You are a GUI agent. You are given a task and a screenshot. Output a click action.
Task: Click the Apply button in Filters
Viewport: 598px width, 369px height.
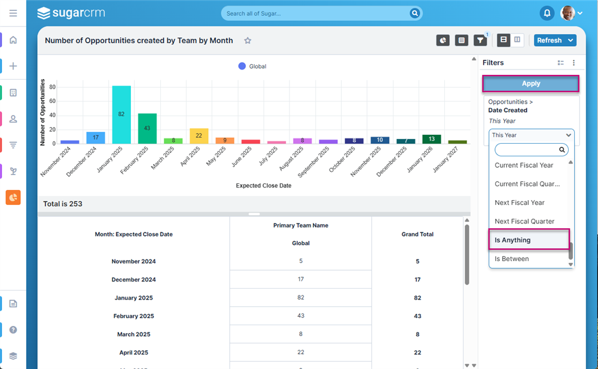click(530, 84)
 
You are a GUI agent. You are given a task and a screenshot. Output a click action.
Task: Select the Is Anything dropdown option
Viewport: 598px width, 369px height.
click(529, 240)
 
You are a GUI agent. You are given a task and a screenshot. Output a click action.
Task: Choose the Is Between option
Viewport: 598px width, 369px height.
click(512, 259)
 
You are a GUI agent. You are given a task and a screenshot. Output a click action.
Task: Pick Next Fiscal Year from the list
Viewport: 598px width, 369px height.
click(520, 202)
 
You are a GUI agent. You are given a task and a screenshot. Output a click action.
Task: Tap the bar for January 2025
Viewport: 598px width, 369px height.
click(121, 114)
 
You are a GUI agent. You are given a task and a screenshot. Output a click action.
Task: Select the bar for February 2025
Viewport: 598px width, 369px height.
click(147, 128)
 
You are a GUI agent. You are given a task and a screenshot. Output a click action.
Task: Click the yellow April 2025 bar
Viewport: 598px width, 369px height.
click(199, 136)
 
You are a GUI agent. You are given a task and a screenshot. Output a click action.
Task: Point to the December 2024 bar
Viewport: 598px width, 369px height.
click(96, 138)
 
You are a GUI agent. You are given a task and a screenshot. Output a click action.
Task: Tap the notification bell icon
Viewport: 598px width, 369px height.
click(547, 13)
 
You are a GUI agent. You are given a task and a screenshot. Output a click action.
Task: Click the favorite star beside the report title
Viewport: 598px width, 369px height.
click(248, 41)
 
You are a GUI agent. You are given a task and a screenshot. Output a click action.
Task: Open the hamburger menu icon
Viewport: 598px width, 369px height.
click(13, 13)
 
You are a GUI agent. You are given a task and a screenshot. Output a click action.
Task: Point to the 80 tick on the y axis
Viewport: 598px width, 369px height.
click(52, 87)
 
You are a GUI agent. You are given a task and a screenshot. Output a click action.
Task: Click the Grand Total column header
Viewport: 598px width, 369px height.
click(417, 234)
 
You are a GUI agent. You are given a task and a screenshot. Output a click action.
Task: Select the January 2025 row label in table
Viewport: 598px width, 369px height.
click(133, 298)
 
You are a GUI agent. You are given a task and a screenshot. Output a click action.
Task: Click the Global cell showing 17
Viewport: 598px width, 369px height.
click(301, 279)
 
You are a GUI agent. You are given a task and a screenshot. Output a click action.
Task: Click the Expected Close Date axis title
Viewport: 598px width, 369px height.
click(264, 186)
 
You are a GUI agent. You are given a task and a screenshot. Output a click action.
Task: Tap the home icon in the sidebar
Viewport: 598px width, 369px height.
click(13, 40)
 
